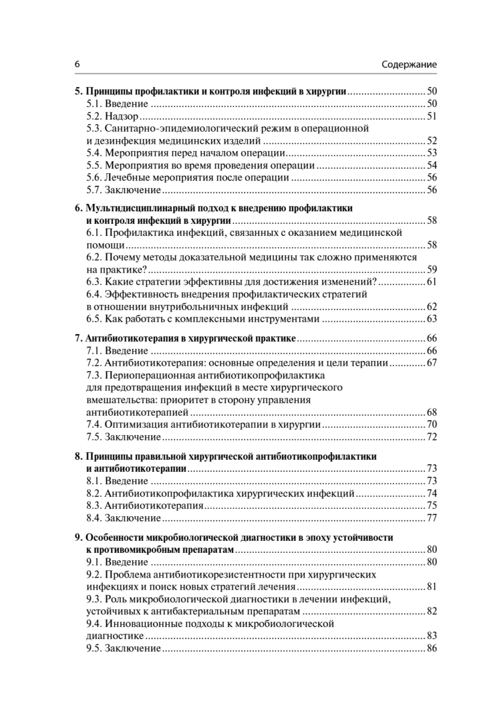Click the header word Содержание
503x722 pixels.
pyautogui.click(x=409, y=64)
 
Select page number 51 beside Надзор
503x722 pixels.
pyautogui.click(x=431, y=116)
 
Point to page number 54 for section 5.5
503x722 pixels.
pyautogui.click(x=431, y=165)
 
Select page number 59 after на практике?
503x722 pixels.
pyautogui.click(x=431, y=270)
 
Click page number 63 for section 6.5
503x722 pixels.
pyautogui.click(x=431, y=319)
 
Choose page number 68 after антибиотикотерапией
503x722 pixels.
pyautogui.click(x=431, y=412)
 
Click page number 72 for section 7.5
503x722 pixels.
pyautogui.click(x=431, y=437)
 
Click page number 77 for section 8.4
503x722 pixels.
pyautogui.click(x=431, y=518)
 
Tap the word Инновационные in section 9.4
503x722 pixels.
pyautogui.click(x=142, y=624)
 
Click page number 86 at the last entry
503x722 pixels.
pyautogui.click(x=431, y=649)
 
